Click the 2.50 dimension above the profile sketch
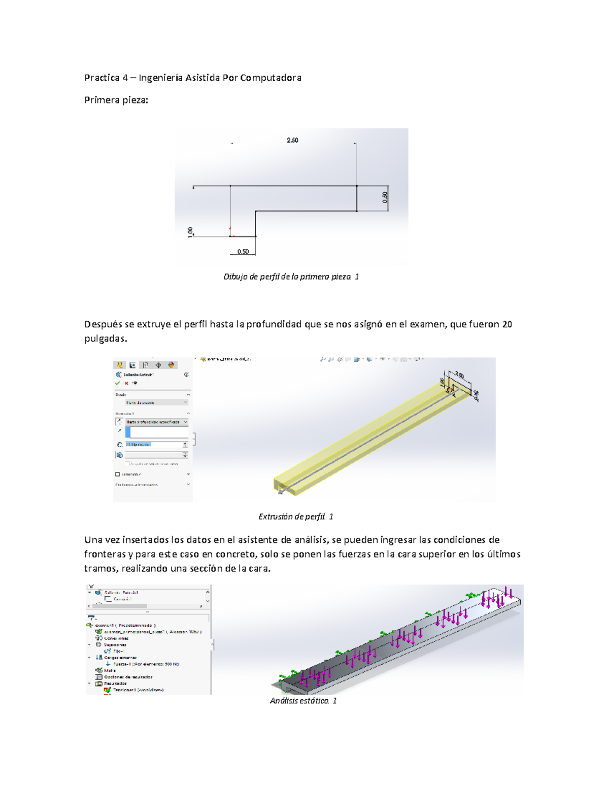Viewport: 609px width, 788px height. point(292,140)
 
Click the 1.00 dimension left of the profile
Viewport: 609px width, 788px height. point(190,231)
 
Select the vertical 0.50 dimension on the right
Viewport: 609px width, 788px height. point(385,197)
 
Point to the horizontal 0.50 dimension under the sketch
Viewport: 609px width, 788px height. point(243,252)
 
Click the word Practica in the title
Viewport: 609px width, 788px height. point(101,78)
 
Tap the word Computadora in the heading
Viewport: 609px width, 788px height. point(270,78)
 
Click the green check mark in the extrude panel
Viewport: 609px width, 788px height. point(118,383)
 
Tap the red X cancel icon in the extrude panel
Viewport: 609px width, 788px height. point(126,383)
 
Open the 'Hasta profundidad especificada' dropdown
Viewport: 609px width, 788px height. point(156,422)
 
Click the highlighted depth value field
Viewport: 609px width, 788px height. point(139,444)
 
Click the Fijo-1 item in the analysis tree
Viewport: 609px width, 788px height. point(118,651)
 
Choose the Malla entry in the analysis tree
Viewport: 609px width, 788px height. point(110,670)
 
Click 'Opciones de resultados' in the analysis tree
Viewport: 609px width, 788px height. point(128,677)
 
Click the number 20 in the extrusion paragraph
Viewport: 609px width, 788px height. point(506,324)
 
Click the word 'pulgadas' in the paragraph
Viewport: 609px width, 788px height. point(104,338)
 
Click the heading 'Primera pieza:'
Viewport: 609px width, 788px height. point(116,100)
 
